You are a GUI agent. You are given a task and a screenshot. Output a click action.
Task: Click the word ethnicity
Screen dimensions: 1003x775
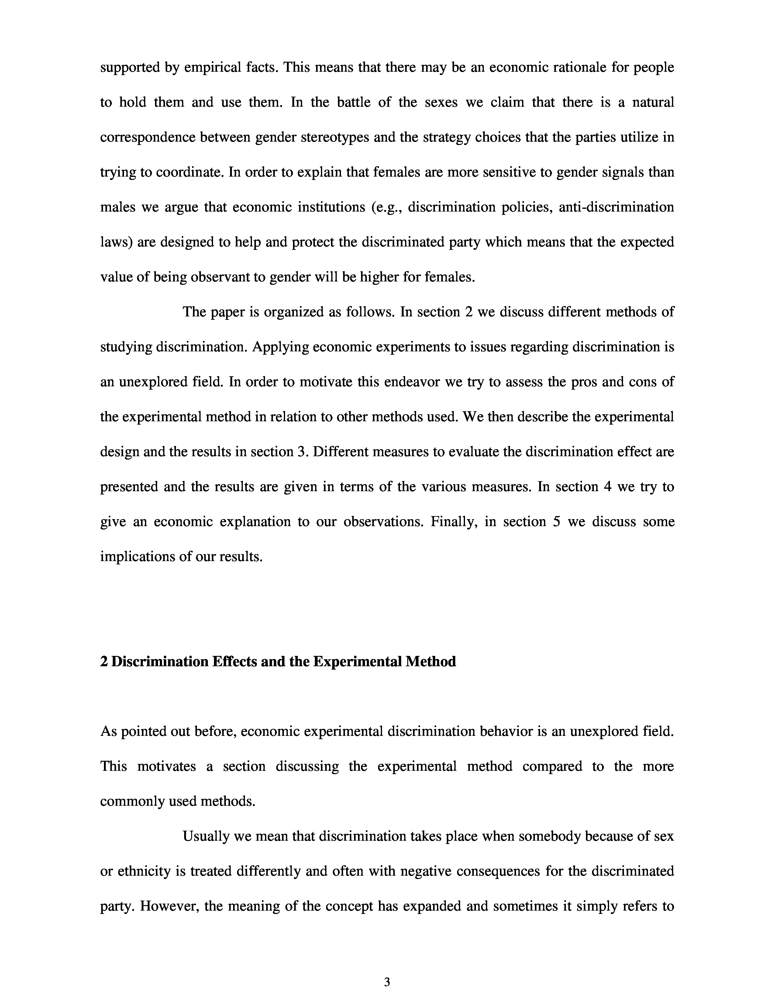[x=142, y=871]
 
